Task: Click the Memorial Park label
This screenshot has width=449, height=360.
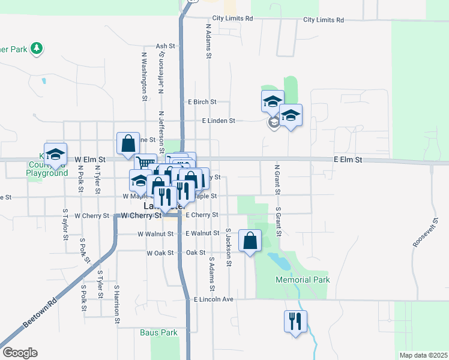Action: click(x=303, y=280)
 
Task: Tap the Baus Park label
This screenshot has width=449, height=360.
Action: click(x=158, y=332)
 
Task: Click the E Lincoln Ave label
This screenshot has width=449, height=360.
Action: click(x=212, y=299)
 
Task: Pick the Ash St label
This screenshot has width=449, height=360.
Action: click(x=164, y=46)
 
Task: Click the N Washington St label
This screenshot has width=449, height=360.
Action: click(x=145, y=75)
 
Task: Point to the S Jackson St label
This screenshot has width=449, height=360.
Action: click(x=229, y=247)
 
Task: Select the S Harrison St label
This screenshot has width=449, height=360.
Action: click(x=117, y=305)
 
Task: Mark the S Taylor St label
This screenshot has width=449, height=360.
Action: click(x=65, y=224)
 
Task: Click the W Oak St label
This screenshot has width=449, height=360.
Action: click(x=160, y=253)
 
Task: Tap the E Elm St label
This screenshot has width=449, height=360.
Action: click(x=348, y=160)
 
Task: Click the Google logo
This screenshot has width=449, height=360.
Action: click(x=20, y=353)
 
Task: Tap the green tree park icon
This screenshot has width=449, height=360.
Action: click(x=37, y=48)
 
